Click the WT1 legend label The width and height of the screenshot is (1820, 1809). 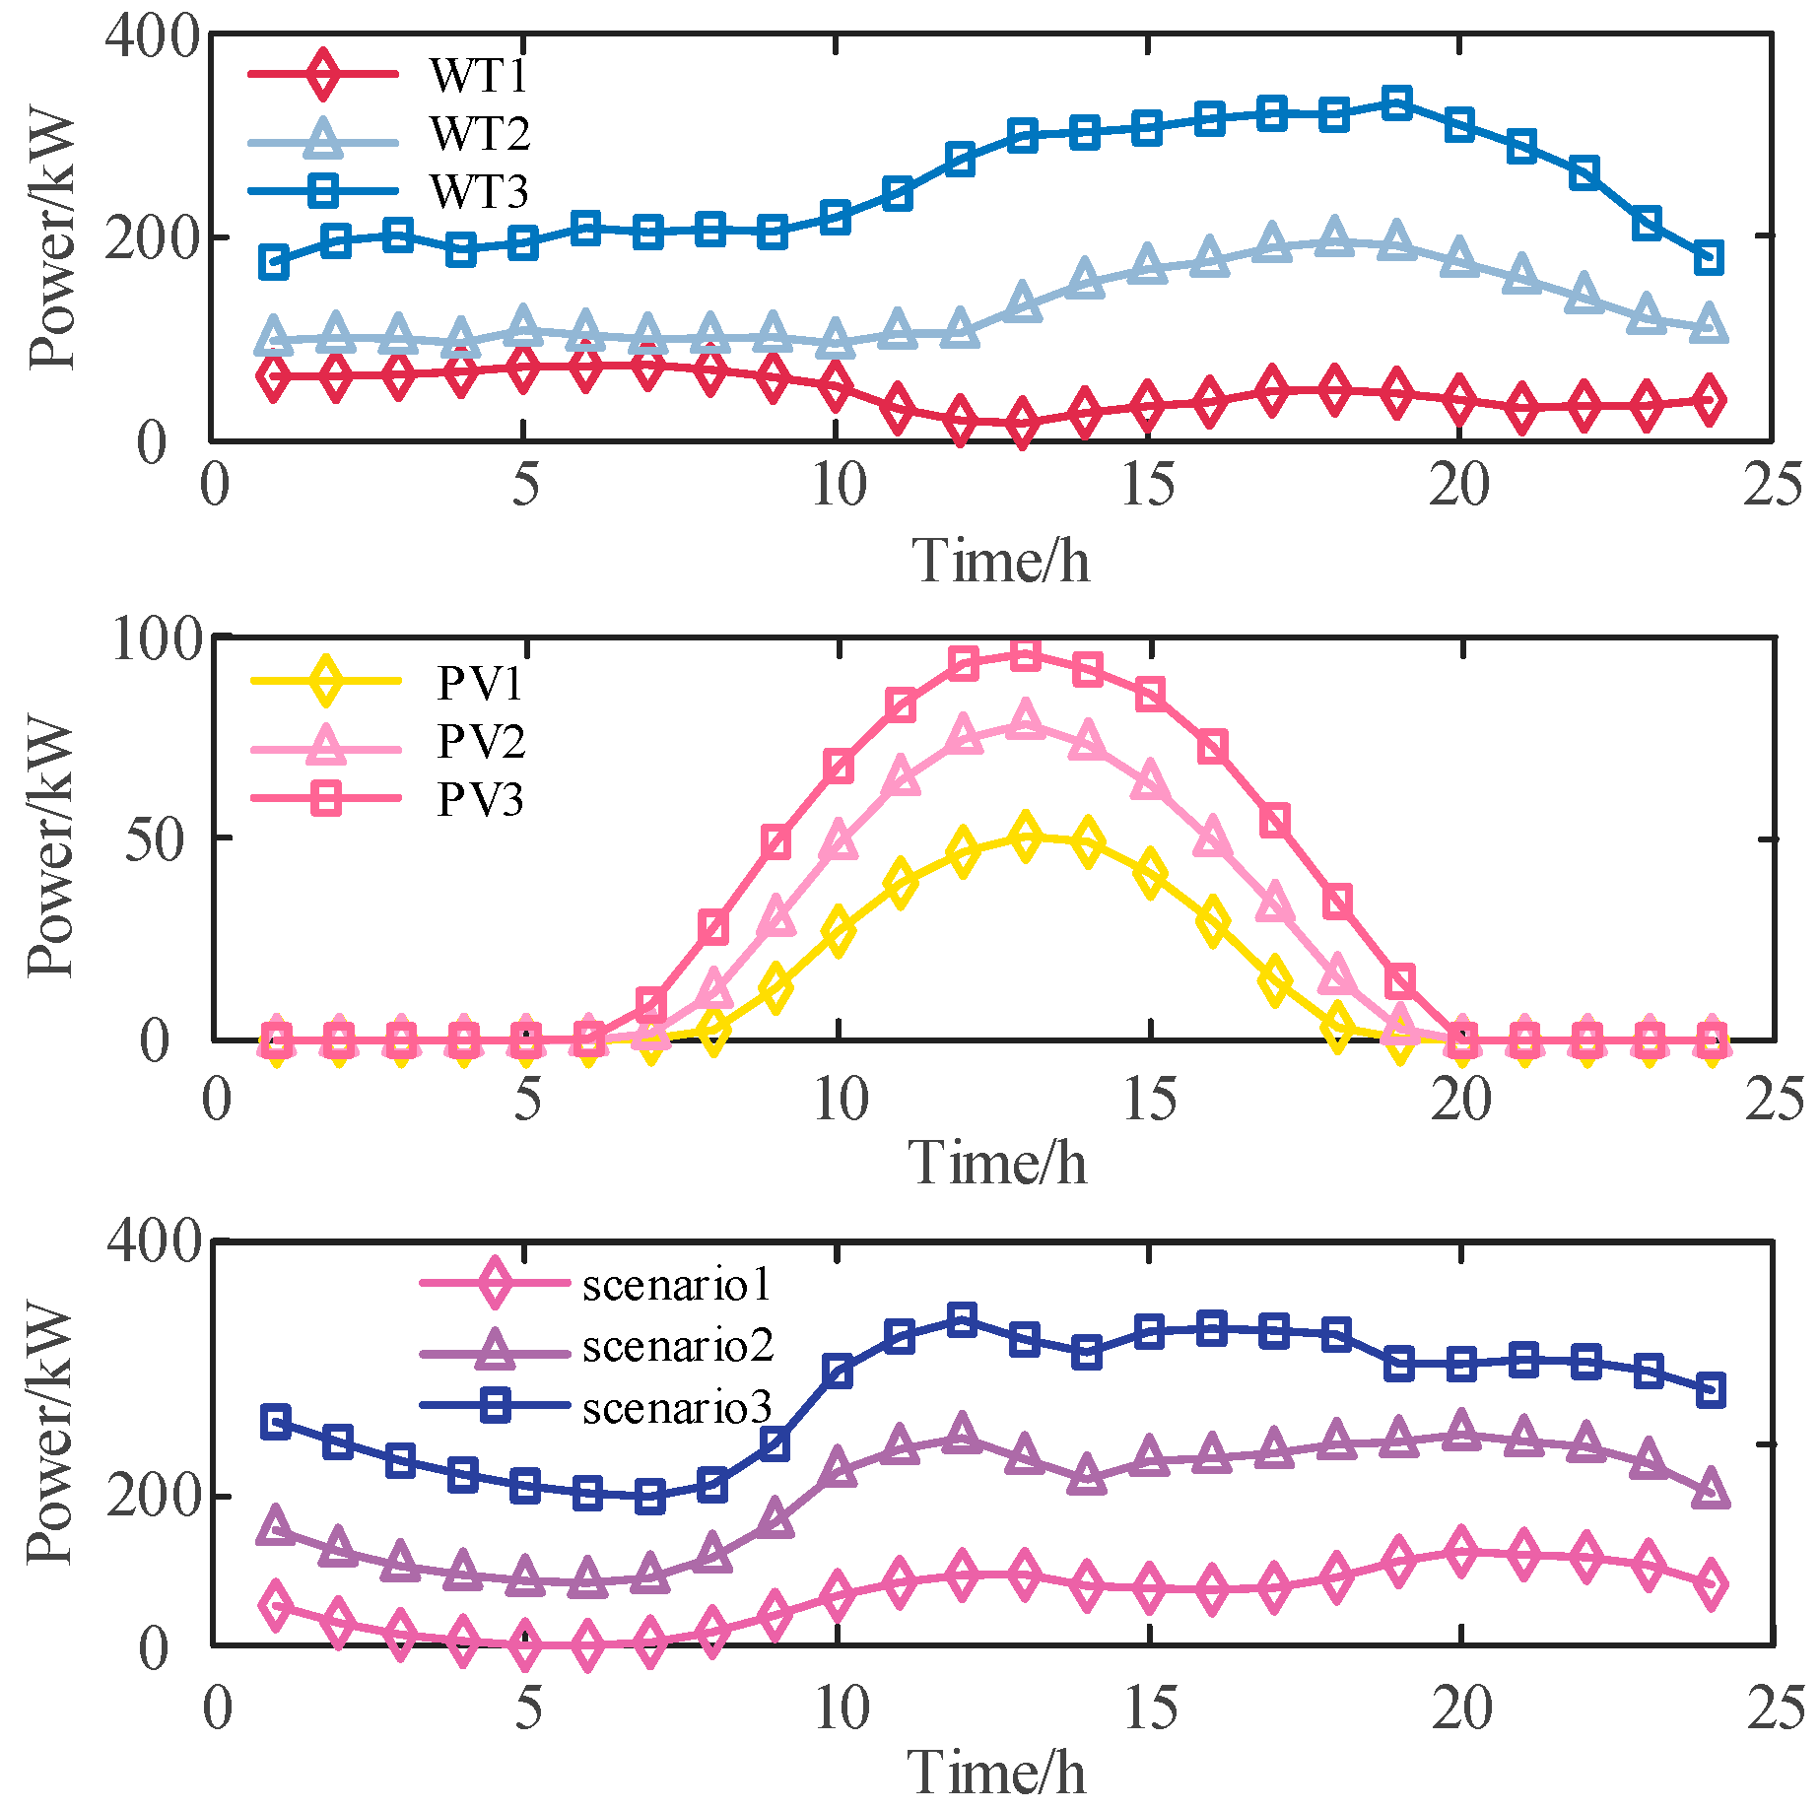478,75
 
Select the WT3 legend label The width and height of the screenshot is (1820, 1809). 479,191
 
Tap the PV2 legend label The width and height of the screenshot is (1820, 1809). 480,741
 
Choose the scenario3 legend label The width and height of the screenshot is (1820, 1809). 677,1407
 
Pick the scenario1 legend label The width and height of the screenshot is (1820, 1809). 676,1284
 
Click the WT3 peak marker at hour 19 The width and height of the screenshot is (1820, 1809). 1396,102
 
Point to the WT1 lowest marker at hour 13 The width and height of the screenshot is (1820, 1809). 1023,424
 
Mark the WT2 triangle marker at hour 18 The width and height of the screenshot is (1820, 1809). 1334,237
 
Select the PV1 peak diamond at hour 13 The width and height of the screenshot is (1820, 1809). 1026,837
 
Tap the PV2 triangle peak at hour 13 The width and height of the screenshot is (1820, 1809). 1026,719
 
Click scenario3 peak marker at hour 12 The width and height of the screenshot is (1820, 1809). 962,1318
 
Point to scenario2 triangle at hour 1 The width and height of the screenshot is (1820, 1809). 275,1526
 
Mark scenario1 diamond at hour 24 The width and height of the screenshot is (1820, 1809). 1712,1583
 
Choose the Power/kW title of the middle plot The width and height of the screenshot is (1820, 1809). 49,847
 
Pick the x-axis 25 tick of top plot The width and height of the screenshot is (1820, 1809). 1772,486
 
